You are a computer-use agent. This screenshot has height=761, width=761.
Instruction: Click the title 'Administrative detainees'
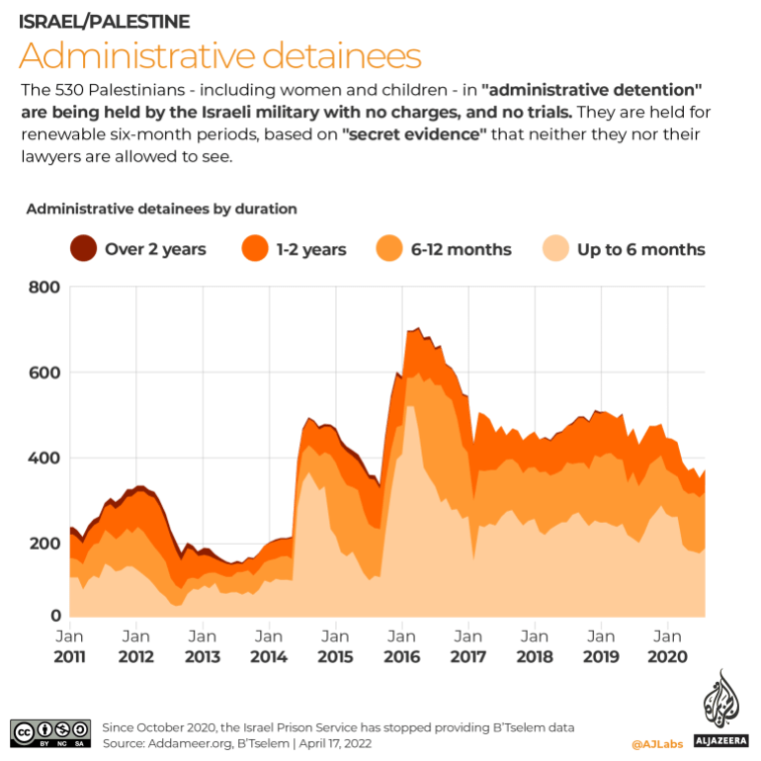[220, 54]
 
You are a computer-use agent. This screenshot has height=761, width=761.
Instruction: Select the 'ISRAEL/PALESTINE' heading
[105, 21]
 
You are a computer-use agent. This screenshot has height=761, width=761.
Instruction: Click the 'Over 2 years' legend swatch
[83, 249]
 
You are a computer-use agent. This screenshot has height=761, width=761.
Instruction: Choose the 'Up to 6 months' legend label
[640, 249]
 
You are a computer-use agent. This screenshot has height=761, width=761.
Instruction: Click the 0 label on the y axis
[56, 617]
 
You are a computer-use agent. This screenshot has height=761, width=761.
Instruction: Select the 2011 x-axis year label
[69, 656]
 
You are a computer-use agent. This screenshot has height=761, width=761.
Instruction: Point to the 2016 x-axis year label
[401, 656]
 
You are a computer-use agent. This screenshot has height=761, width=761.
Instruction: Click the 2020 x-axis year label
[667, 656]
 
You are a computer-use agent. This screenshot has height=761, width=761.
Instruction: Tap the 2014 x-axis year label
[269, 656]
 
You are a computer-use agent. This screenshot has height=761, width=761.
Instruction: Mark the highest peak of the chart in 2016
[418, 328]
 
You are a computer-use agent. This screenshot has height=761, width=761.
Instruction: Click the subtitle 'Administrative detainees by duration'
[161, 209]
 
